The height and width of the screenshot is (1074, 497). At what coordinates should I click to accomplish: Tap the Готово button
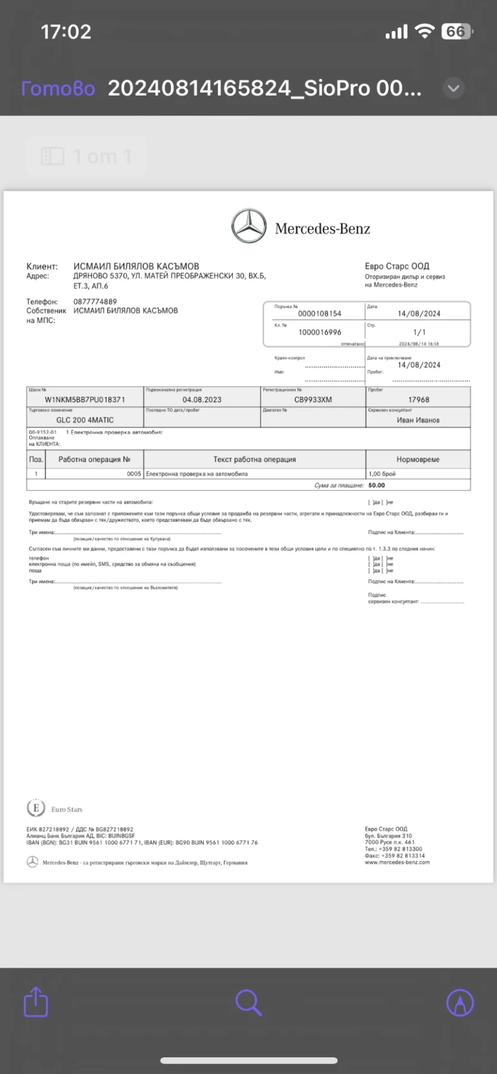tap(58, 89)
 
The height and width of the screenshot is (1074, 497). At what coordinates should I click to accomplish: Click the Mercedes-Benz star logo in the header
tap(248, 226)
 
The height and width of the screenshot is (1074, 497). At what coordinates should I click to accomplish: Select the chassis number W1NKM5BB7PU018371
tap(85, 400)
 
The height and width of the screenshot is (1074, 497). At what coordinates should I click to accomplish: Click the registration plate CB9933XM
tap(313, 400)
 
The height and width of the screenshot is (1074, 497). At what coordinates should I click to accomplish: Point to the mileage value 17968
tap(419, 400)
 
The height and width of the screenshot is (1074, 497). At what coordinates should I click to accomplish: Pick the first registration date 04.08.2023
tap(202, 400)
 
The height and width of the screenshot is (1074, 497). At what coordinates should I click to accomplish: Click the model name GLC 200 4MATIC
tap(85, 420)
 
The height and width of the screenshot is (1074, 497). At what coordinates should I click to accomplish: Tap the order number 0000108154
tap(319, 314)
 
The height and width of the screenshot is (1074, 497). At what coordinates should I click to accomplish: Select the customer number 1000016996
tap(319, 332)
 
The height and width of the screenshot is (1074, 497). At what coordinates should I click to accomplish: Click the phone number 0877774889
tap(95, 302)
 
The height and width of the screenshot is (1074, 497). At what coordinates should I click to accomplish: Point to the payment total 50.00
tap(376, 485)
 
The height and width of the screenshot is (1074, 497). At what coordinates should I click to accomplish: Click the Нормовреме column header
tap(417, 459)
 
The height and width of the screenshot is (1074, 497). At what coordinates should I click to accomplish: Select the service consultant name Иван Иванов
tap(418, 420)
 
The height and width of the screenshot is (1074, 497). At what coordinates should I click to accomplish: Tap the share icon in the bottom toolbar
tap(35, 1001)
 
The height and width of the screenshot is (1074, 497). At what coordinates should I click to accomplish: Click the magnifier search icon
tap(248, 1002)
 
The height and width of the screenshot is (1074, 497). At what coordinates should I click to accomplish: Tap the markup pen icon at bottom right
tap(460, 1002)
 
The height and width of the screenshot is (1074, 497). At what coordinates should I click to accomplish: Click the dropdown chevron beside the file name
tap(454, 88)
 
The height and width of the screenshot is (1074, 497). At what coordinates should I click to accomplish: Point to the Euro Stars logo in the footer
tap(36, 808)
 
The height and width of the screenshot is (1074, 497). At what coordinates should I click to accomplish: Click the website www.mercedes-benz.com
tap(397, 862)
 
